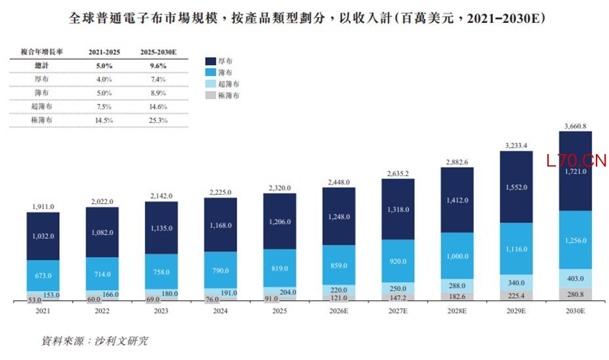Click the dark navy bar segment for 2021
click(x=43, y=236)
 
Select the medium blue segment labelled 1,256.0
click(x=575, y=240)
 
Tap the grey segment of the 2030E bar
click(x=575, y=294)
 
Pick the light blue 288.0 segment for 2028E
click(x=457, y=285)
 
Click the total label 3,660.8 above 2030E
click(x=575, y=126)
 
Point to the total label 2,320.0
click(x=280, y=188)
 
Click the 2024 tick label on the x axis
click(x=220, y=311)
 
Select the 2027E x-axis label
click(x=398, y=311)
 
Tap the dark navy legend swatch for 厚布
click(x=210, y=61)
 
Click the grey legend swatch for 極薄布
click(x=210, y=95)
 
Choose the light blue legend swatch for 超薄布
click(x=210, y=84)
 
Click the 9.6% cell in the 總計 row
click(x=158, y=66)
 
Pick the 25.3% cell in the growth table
click(x=158, y=121)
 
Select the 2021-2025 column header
click(x=104, y=52)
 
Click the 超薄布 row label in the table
click(x=41, y=106)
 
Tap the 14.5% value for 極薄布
click(x=104, y=121)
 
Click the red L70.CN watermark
click(x=576, y=161)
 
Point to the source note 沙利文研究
click(x=121, y=341)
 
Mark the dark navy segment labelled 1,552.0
click(x=516, y=187)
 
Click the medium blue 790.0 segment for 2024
click(x=220, y=270)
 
